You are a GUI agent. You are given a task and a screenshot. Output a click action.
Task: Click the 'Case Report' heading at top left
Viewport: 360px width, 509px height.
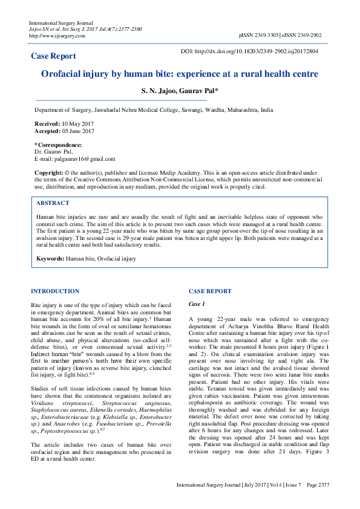click(54, 56)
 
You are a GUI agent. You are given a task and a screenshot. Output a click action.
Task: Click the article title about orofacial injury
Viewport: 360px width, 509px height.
click(180, 74)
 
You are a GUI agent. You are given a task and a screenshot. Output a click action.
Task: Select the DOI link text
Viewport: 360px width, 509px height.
click(259, 51)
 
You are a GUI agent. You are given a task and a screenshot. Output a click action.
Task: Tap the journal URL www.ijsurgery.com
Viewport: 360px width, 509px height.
click(57, 36)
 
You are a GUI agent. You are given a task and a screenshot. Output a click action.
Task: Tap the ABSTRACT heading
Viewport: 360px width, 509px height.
click(53, 204)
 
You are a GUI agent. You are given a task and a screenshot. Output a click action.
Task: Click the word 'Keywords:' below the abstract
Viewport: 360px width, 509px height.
click(50, 258)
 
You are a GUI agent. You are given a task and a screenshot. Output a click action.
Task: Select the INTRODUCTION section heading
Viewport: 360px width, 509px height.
click(55, 291)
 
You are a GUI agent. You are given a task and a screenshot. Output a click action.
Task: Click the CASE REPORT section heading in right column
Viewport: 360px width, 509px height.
click(210, 291)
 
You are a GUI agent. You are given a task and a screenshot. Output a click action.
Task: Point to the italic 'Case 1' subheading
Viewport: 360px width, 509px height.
click(198, 303)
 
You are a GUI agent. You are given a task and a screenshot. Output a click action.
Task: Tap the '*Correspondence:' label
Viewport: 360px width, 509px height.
click(58, 145)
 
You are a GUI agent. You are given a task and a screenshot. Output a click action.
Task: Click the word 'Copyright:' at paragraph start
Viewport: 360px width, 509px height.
click(49, 173)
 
